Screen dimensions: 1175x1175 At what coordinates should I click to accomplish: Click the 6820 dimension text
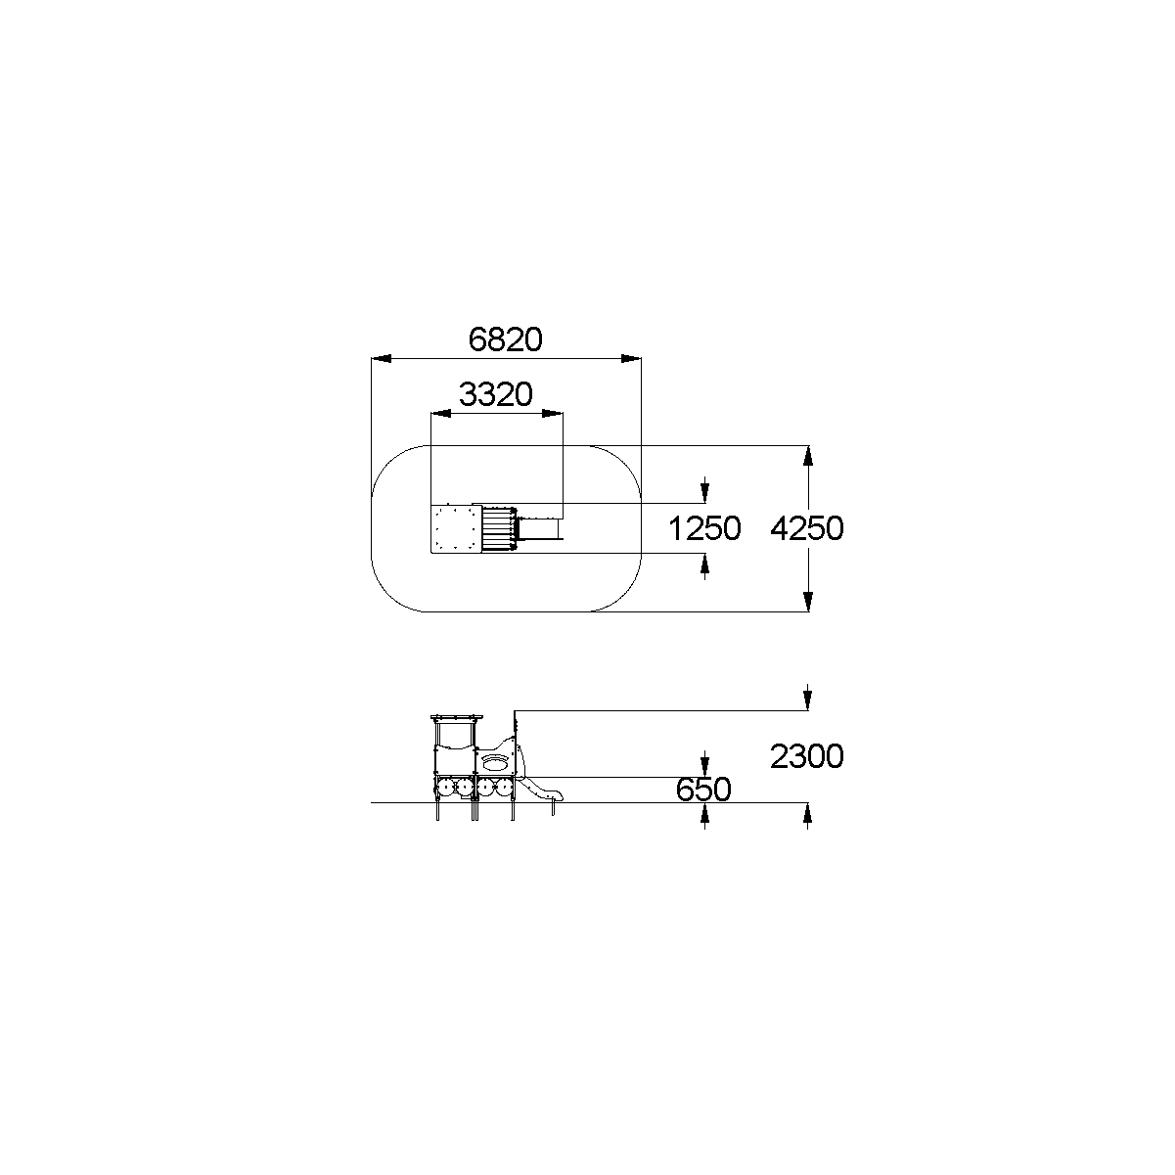505,339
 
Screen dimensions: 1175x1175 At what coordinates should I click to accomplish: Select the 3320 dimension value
495,394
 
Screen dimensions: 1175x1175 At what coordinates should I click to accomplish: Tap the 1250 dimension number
704,528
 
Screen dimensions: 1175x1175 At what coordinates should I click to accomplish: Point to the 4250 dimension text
807,528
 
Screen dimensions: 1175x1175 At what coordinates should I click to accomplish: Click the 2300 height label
807,756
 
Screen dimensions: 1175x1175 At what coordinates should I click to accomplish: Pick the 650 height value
703,790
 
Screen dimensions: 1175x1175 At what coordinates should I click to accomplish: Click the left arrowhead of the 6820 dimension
382,358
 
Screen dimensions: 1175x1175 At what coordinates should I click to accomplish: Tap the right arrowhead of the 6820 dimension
631,358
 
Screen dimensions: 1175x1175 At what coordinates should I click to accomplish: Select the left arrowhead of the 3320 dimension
441,414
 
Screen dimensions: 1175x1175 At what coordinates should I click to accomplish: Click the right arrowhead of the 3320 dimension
553,414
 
